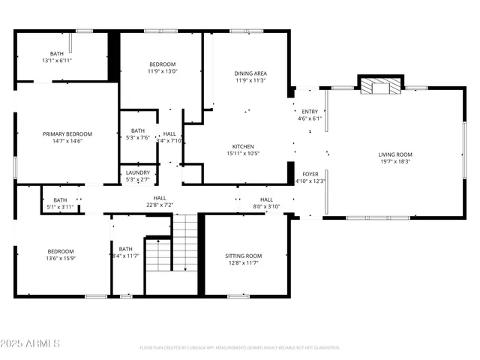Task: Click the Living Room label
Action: tap(394, 154)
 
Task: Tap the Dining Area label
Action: tap(250, 73)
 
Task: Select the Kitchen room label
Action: tap(242, 146)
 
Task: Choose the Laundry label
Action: tap(137, 172)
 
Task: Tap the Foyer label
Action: tap(310, 173)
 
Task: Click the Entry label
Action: tap(309, 111)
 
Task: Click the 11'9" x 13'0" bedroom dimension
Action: tap(162, 72)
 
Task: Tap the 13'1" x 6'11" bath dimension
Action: tap(57, 61)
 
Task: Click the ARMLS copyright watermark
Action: tap(31, 343)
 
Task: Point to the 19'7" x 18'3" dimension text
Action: tap(394, 162)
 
